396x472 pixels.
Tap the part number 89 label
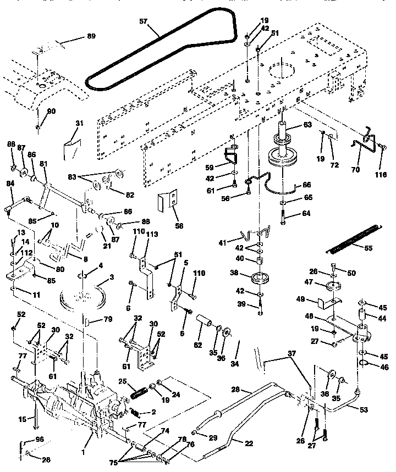pyautogui.click(x=91, y=36)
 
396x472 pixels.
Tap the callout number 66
pyautogui.click(x=307, y=185)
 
